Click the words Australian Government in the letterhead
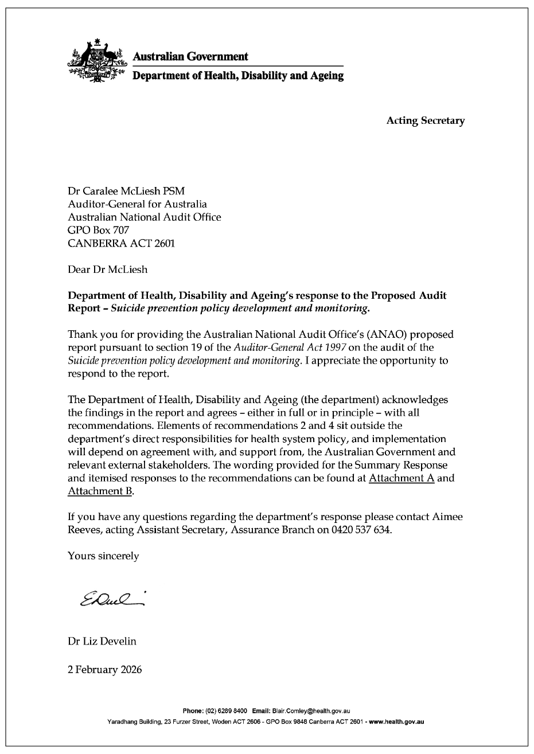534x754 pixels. [190, 56]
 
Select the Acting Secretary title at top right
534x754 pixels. [425, 120]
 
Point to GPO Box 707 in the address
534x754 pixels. [95, 230]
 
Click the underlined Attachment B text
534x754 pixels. [100, 491]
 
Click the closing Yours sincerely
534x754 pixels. [103, 556]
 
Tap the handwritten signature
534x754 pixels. [112, 598]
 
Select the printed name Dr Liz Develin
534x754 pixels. [102, 641]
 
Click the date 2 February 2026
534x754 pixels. [104, 669]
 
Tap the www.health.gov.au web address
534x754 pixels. [396, 721]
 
